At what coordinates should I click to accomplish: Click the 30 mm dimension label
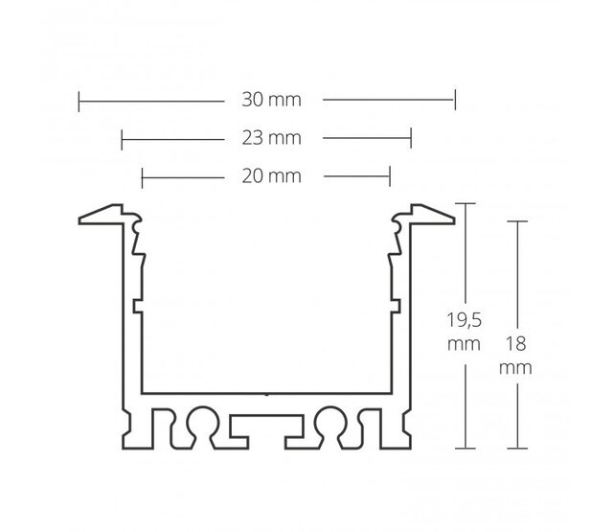click(x=266, y=98)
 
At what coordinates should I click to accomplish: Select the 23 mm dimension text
click(x=266, y=138)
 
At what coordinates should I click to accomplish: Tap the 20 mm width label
click(x=266, y=176)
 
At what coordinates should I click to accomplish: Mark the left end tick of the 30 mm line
click(x=78, y=98)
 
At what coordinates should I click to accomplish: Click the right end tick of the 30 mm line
click(x=455, y=98)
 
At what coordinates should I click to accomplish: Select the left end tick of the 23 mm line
click(x=122, y=138)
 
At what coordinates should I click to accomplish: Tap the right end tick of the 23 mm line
click(x=411, y=138)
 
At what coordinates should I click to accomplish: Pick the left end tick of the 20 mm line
click(x=142, y=176)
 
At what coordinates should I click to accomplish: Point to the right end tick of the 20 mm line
click(x=390, y=176)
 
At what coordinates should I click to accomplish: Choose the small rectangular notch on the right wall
click(x=394, y=306)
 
